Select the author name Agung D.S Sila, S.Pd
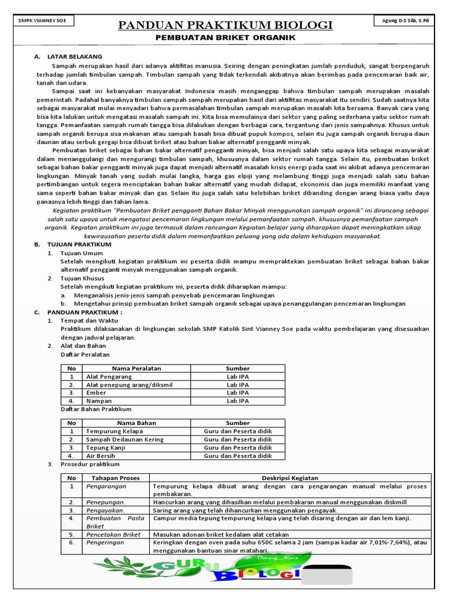pyautogui.click(x=405, y=21)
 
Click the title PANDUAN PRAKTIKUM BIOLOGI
pyautogui.click(x=225, y=25)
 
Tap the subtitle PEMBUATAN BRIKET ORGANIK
pyautogui.click(x=225, y=38)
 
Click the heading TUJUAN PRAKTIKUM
pyautogui.click(x=79, y=243)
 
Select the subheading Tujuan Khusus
pyautogui.click(x=82, y=278)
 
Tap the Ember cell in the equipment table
pyautogui.click(x=96, y=393)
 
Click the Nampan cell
pyautogui.click(x=99, y=401)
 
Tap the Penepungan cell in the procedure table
pyautogui.click(x=106, y=502)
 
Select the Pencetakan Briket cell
pyautogui.click(x=113, y=534)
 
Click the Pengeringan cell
pyautogui.click(x=106, y=543)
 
